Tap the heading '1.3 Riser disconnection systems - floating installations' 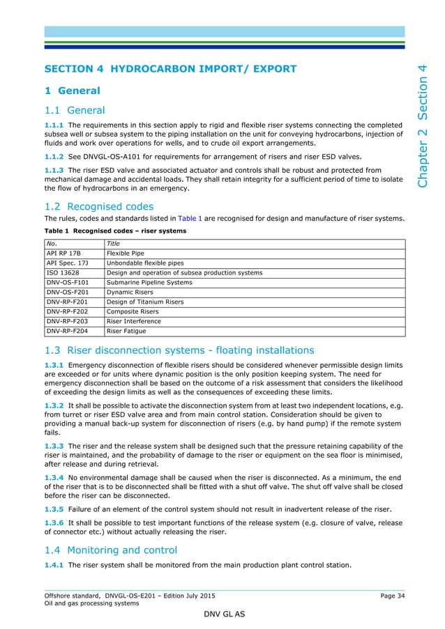point(179,350)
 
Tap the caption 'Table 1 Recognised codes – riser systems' point(116,231)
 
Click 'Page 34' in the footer point(392,596)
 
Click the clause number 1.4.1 point(55,565)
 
